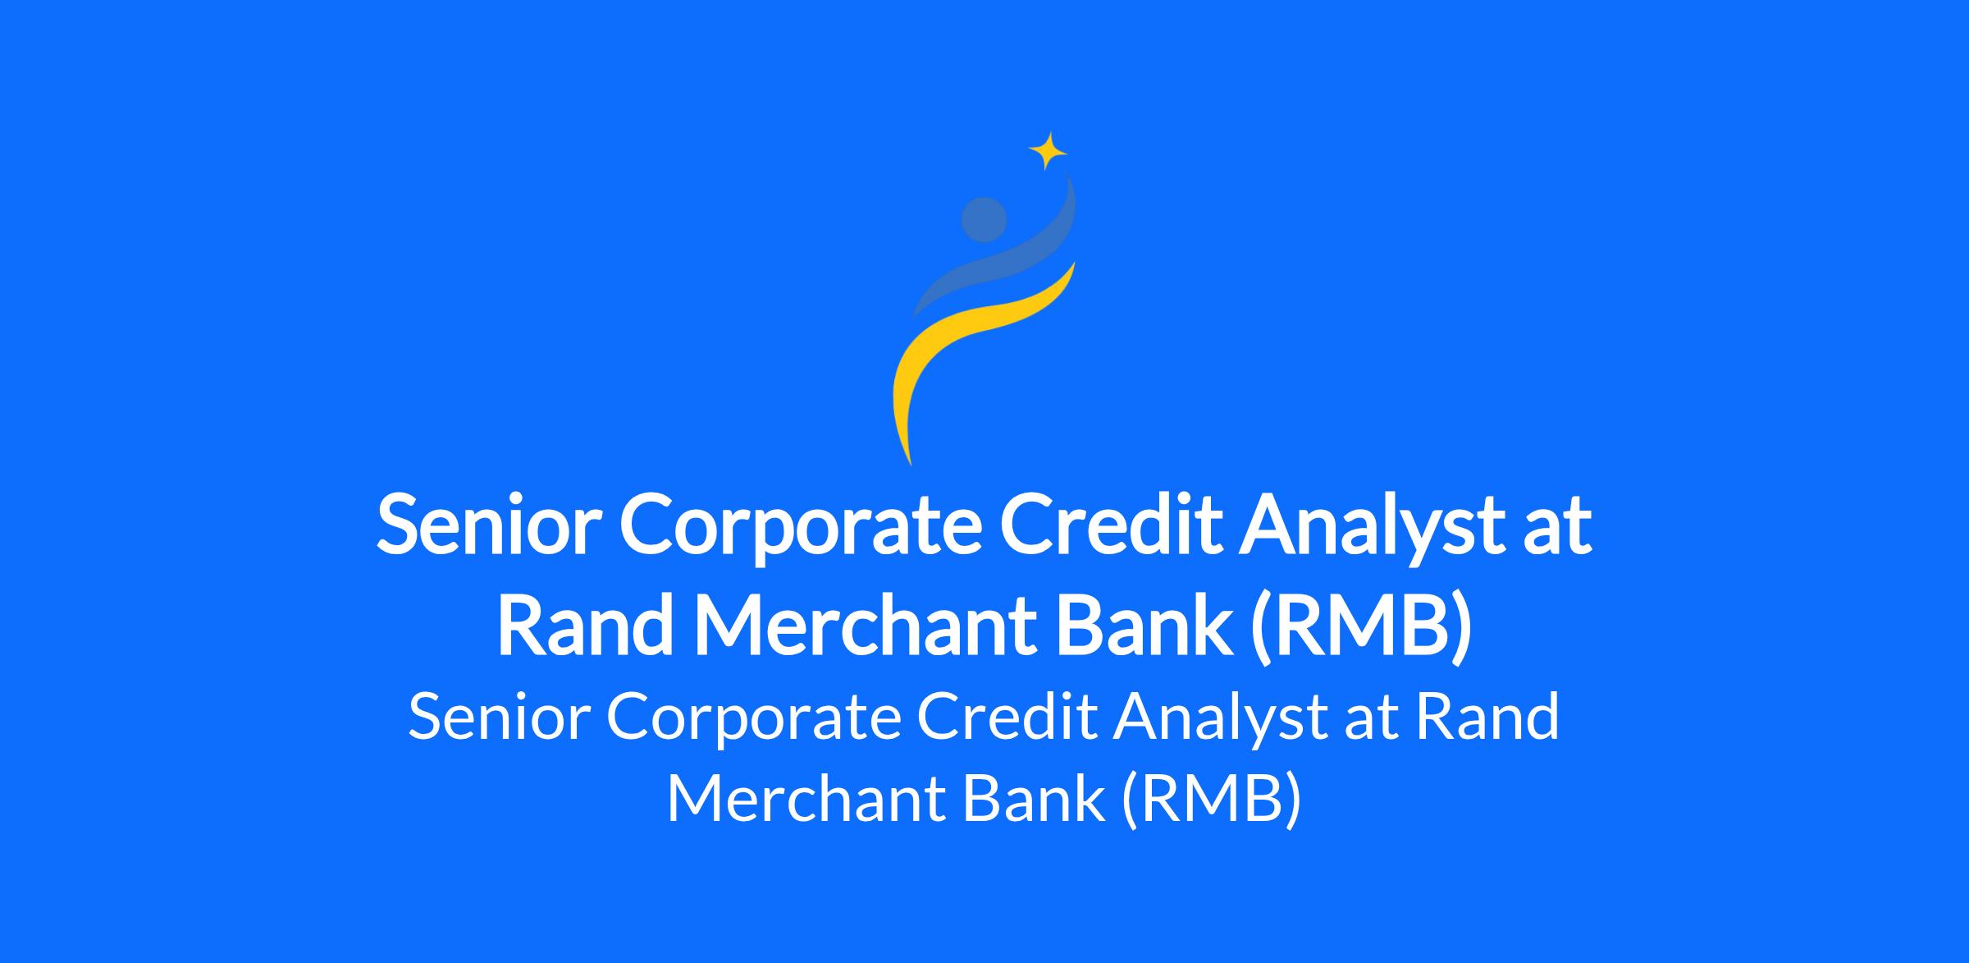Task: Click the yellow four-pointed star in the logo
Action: click(x=1048, y=151)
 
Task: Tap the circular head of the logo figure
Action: click(x=984, y=220)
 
